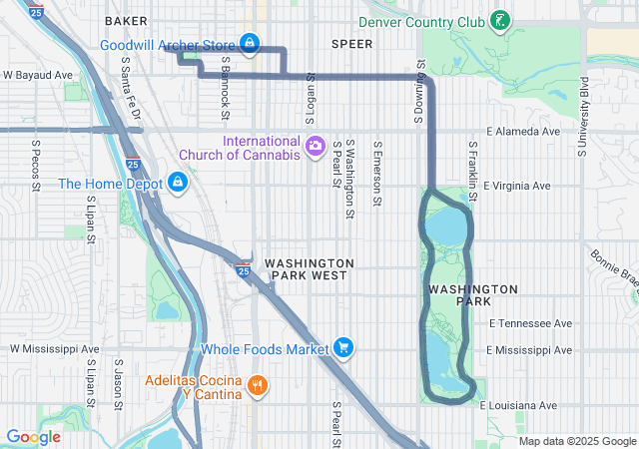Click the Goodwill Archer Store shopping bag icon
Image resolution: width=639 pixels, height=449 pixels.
pos(250,44)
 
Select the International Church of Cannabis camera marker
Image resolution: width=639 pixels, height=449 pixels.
pos(316,147)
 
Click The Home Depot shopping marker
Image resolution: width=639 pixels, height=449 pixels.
pos(177,183)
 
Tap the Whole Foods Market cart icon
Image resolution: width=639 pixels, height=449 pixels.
pos(342,348)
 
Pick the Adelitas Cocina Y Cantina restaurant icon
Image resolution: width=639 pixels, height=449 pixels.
pos(257,386)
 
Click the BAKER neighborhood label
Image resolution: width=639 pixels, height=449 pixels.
pos(125,20)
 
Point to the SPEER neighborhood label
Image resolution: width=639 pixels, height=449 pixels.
pos(351,44)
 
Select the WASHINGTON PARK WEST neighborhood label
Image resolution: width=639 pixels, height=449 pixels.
pos(310,268)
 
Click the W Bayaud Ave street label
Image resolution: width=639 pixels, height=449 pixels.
pos(38,75)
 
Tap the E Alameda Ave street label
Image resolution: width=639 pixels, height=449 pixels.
pos(522,131)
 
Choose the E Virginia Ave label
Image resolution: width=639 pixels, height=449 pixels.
pos(517,186)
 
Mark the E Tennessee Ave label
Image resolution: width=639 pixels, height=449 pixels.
pos(530,323)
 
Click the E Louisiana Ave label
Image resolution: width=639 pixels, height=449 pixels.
pos(517,405)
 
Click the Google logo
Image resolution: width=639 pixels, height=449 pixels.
pos(33,437)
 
